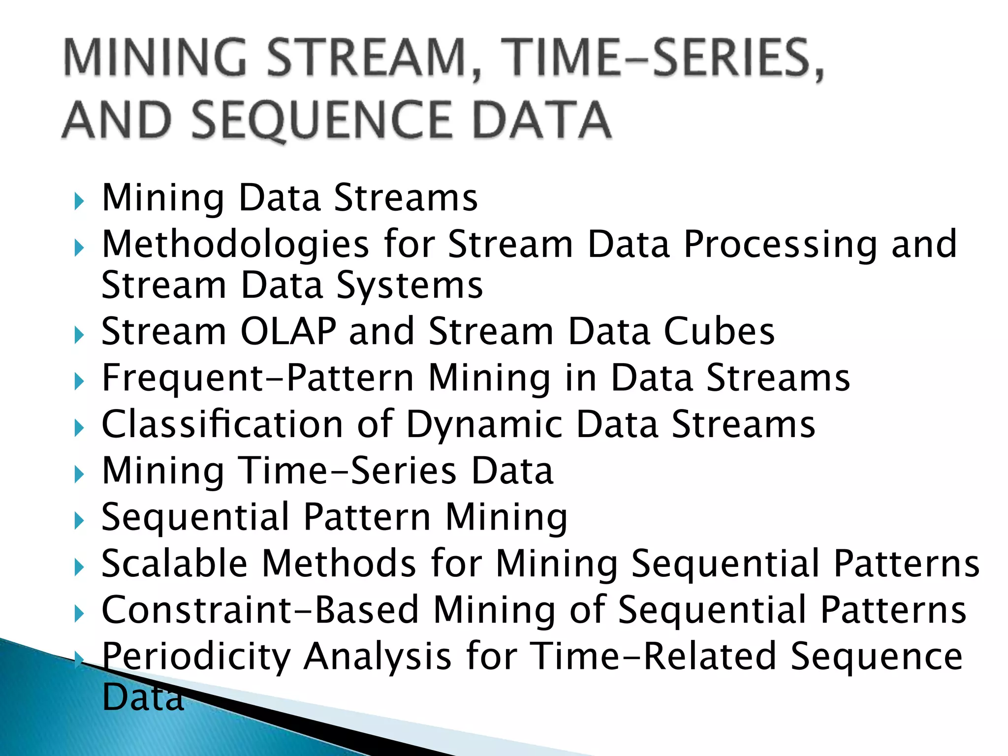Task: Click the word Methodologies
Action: (235, 245)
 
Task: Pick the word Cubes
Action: (719, 331)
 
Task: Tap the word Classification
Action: (222, 424)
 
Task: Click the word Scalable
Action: (174, 563)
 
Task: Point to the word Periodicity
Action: (196, 657)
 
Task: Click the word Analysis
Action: (377, 657)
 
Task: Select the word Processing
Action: (781, 245)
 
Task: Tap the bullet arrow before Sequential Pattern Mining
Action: (79, 521)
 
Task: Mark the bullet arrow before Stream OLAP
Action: (79, 336)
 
